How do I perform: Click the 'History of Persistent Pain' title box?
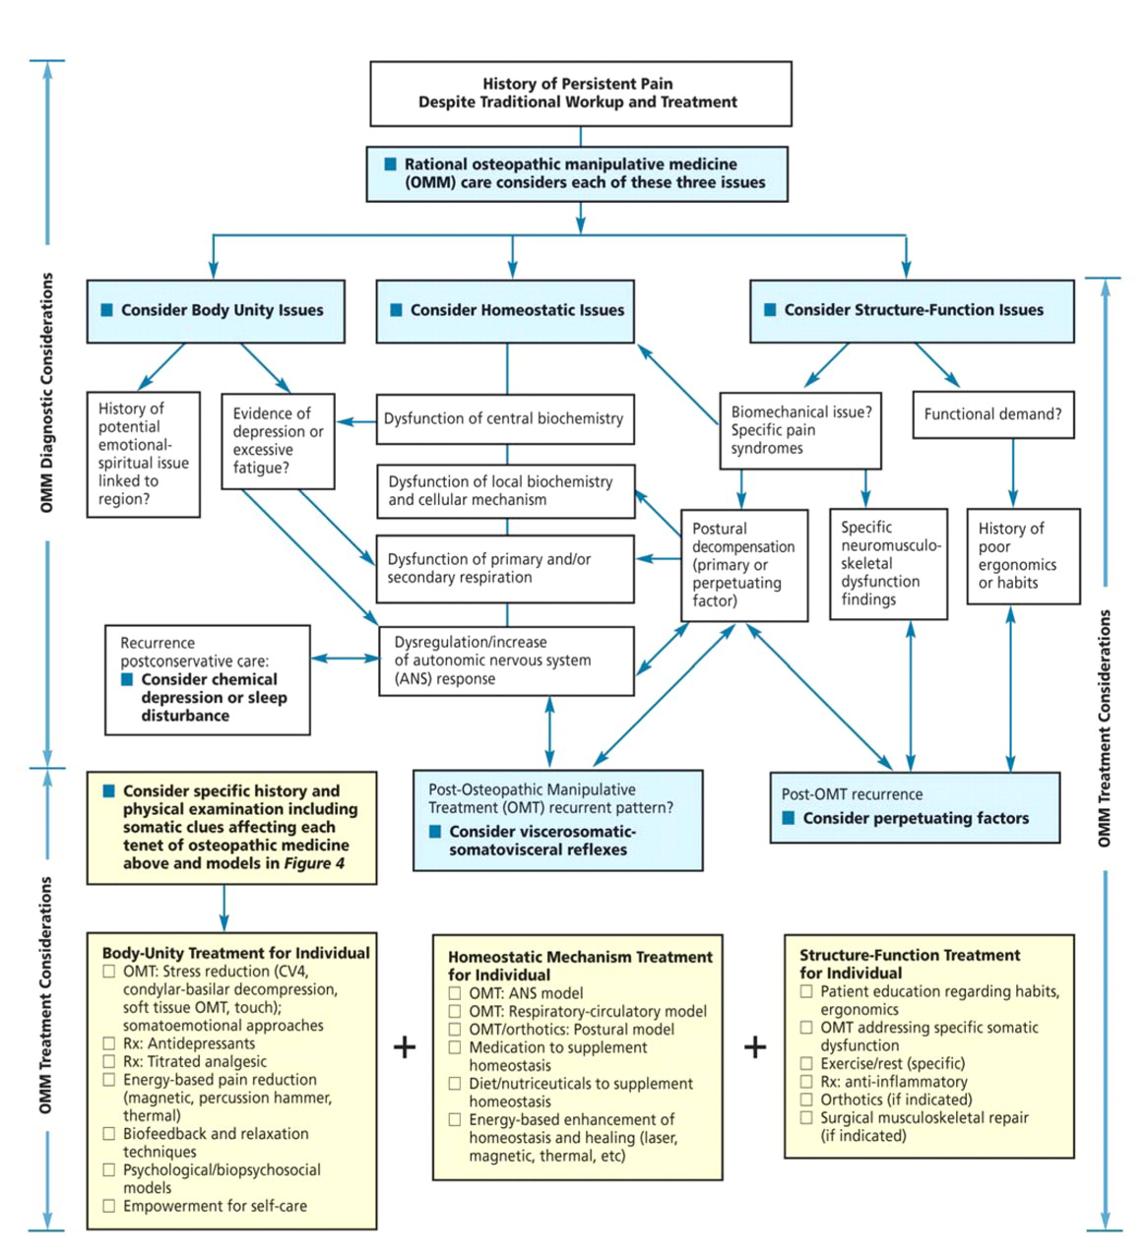[x=580, y=94]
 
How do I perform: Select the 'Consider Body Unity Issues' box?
[x=216, y=311]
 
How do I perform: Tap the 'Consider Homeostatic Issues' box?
[x=505, y=311]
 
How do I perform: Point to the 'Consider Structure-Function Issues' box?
[x=912, y=311]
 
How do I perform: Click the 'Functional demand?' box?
[x=992, y=414]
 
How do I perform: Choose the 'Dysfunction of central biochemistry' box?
[x=504, y=419]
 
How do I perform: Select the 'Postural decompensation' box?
[x=743, y=565]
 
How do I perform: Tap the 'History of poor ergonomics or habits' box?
[x=1022, y=556]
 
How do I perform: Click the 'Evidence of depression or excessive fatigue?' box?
[x=279, y=441]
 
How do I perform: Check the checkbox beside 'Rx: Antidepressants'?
[x=109, y=1043]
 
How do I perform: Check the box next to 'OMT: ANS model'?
[x=455, y=993]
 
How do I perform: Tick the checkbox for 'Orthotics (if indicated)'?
[x=806, y=1100]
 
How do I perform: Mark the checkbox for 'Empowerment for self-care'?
[x=109, y=1206]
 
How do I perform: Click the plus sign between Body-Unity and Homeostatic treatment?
[x=405, y=1046]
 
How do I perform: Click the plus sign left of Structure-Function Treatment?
[x=755, y=1046]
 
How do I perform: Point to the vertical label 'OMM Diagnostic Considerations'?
[x=46, y=393]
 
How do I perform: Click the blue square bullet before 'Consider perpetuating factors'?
[x=788, y=818]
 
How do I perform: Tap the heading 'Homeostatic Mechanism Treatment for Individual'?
[x=579, y=966]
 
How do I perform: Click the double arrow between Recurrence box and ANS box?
[x=345, y=658]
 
